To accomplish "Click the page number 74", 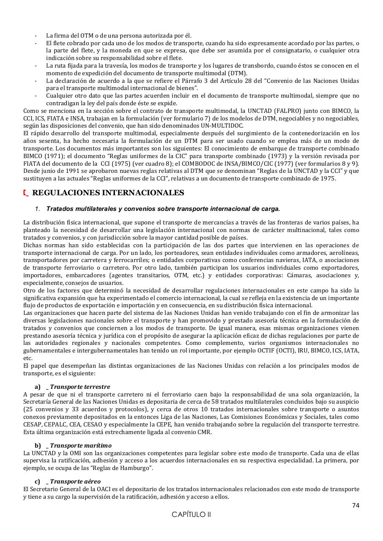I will click(356, 505).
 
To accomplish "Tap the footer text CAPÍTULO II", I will click(191, 515).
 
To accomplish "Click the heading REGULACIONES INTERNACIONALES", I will click(108, 193).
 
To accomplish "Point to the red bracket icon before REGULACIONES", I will click(26, 193).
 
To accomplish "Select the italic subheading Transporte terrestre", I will click(80, 387).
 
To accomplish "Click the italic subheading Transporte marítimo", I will click(81, 445).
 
